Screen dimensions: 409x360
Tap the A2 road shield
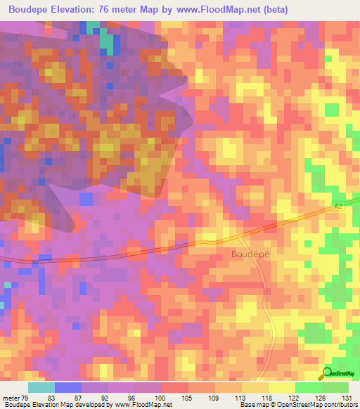(x=337, y=205)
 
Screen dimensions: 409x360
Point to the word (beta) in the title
(x=271, y=9)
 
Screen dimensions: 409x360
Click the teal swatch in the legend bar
(x=41, y=387)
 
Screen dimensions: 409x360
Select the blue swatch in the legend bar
(x=67, y=387)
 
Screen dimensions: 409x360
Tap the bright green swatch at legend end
(x=335, y=387)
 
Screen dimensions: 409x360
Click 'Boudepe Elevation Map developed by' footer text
(x=53, y=405)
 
